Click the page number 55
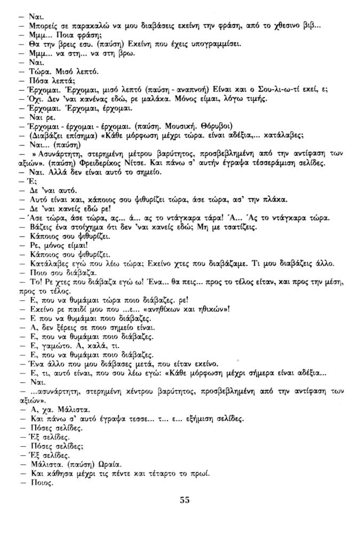pyautogui.click(x=185, y=500)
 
